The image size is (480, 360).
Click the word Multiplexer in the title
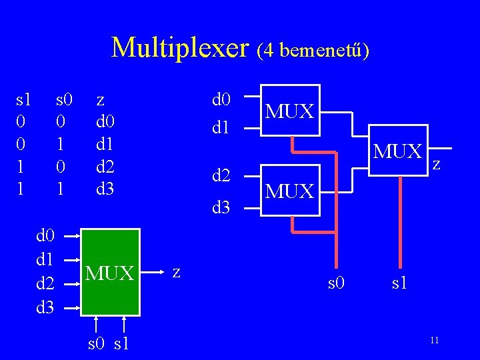tap(179, 47)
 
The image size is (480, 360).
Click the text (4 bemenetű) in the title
tap(311, 49)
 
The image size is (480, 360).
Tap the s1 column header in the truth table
tap(23, 101)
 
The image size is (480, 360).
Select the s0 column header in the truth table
tap(64, 101)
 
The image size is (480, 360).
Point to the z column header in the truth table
tap(100, 101)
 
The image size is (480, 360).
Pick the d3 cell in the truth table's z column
tap(105, 188)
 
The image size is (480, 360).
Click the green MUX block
tap(110, 272)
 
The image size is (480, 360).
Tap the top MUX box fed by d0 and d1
tap(290, 110)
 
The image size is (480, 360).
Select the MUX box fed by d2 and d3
tap(290, 191)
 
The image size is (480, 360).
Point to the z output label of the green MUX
tap(176, 271)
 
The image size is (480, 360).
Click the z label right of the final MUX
tap(437, 163)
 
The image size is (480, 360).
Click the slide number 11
tap(434, 341)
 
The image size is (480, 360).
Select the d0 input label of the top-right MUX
tap(221, 100)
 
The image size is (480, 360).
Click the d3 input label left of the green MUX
tap(45, 307)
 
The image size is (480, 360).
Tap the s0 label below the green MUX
tap(97, 345)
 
